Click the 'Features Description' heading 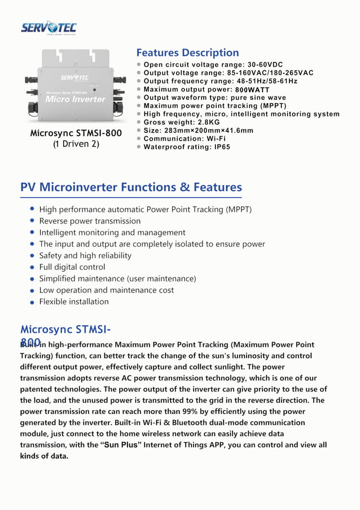click(x=187, y=53)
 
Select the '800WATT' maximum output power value click(x=252, y=90)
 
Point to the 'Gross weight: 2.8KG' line click(x=182, y=122)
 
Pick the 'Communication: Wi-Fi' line click(x=185, y=138)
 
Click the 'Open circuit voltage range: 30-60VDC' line click(x=213, y=65)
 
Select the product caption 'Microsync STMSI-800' click(x=76, y=133)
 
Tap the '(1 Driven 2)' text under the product click(x=76, y=144)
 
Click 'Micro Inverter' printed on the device click(x=75, y=99)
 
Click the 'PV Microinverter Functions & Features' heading click(x=131, y=187)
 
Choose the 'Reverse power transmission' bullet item click(x=90, y=221)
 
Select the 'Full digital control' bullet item click(x=72, y=267)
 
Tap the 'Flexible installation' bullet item click(x=74, y=302)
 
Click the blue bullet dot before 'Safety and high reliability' click(x=33, y=255)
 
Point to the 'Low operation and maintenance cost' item click(x=106, y=290)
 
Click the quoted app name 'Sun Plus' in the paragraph click(x=121, y=445)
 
